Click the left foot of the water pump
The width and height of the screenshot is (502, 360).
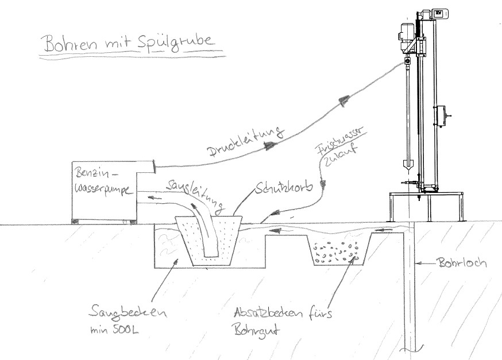pos(74,221)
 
